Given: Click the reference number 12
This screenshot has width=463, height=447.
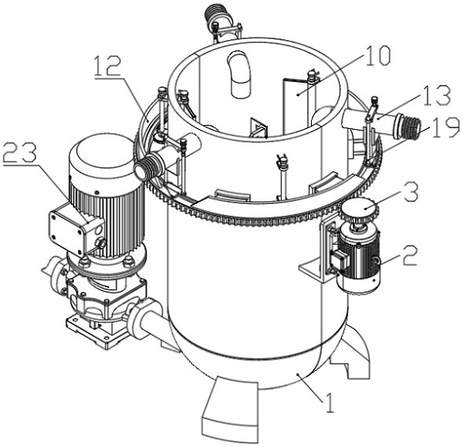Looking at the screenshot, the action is click(x=108, y=66).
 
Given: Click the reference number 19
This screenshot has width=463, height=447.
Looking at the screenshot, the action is click(x=446, y=127).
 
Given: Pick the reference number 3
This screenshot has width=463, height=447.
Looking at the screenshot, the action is click(x=411, y=192).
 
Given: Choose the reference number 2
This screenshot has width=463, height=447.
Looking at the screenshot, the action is click(x=409, y=256).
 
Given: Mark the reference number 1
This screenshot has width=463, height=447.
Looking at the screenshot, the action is click(x=329, y=402).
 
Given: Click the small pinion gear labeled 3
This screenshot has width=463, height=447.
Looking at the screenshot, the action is click(x=358, y=209).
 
